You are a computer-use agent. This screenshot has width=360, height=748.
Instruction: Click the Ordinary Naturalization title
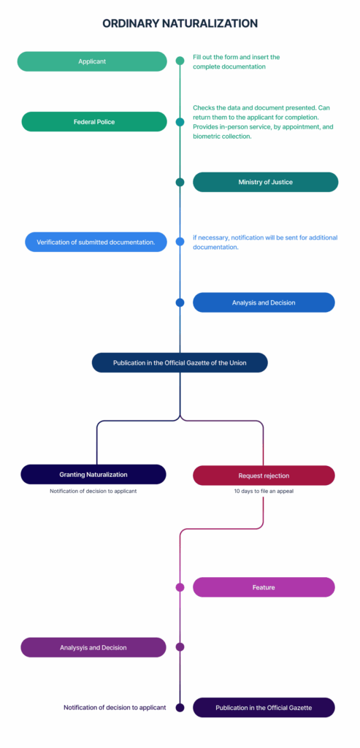[180, 23]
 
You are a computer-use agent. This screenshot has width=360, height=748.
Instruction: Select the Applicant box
[92, 61]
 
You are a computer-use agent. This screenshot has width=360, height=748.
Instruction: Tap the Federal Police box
[94, 122]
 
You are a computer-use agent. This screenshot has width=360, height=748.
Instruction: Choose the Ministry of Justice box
[266, 182]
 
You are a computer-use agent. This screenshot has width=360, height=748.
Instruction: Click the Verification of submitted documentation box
[96, 242]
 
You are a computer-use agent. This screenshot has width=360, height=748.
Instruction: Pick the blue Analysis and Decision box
[264, 302]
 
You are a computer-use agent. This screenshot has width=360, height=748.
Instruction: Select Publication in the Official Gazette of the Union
[180, 362]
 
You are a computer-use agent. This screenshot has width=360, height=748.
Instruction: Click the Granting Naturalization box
[93, 475]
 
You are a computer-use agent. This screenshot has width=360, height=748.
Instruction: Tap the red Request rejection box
[264, 476]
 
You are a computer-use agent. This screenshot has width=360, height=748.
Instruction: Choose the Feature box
[264, 587]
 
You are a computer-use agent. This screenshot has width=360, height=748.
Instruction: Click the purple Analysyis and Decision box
[93, 647]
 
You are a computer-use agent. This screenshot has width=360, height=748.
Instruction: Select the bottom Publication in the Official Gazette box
[264, 707]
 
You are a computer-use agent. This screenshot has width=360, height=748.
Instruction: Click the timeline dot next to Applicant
[180, 61]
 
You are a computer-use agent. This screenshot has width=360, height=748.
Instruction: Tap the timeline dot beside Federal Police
[180, 122]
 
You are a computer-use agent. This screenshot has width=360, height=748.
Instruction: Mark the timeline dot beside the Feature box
[180, 587]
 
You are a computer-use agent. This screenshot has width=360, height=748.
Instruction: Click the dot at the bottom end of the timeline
[180, 707]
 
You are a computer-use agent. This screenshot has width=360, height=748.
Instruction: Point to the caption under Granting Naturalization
[93, 491]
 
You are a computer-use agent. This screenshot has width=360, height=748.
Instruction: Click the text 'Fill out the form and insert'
[231, 57]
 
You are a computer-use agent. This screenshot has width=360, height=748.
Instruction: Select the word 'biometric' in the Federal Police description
[207, 137]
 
